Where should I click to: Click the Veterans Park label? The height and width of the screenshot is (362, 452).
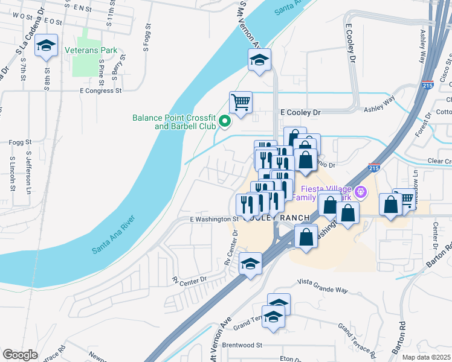coord(91,51)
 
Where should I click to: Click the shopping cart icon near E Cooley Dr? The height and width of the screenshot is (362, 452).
coord(241,102)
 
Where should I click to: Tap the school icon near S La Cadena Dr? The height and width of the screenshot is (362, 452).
coord(46,46)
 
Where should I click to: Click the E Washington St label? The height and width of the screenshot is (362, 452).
coord(214,219)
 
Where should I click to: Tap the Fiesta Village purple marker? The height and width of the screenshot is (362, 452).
coord(361,192)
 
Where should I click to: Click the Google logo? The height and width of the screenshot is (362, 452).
coord(20,355)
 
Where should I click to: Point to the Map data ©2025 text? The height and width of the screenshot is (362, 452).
coord(426,357)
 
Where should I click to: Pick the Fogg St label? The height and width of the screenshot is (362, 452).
coord(21,142)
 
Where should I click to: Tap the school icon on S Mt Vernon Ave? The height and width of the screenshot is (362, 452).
coord(259,60)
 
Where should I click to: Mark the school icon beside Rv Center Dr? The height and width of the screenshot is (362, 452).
coord(250,264)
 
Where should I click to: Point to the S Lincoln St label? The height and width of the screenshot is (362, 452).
coord(12,175)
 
